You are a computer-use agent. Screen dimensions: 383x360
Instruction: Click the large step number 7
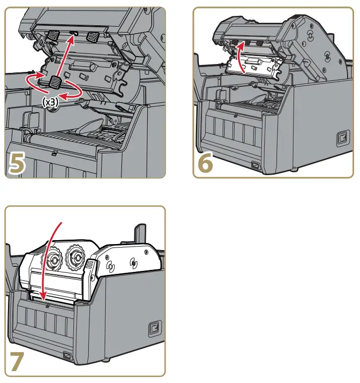18,362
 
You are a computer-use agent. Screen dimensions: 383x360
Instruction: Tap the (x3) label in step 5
50,103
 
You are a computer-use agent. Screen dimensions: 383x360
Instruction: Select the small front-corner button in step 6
256,165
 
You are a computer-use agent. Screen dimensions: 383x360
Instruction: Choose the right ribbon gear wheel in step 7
76,257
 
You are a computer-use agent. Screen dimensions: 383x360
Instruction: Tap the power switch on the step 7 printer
154,329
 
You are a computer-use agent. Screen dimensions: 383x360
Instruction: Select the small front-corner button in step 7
66,355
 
